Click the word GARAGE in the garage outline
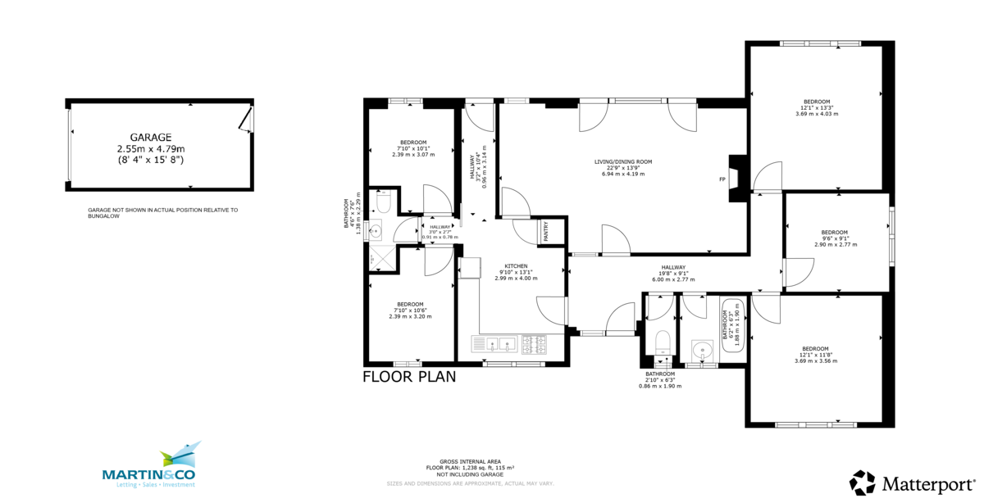pos(150,138)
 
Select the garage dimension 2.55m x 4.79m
pos(151,149)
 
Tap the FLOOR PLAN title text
pos(409,377)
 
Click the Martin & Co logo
pos(148,467)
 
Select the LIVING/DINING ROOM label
pos(623,162)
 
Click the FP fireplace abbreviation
pos(722,179)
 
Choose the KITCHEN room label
pos(516,266)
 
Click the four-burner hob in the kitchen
pos(534,345)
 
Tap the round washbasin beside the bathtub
pos(702,351)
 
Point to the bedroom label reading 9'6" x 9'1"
pos(836,238)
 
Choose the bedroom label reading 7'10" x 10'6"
pos(410,310)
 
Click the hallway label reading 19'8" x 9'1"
pos(674,273)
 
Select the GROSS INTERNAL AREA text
pos(469,462)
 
